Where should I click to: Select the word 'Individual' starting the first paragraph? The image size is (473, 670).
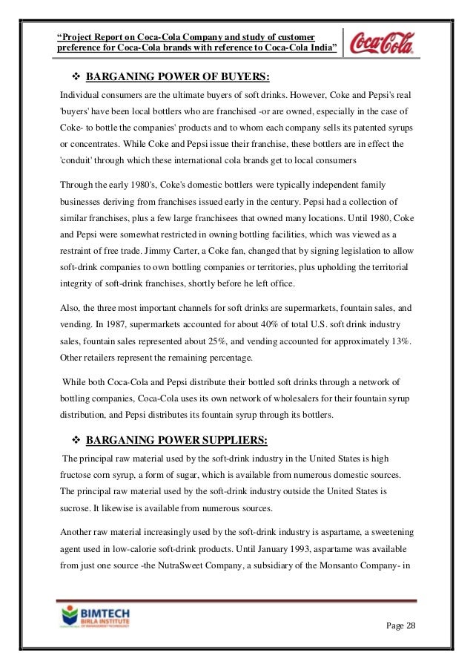pos(80,96)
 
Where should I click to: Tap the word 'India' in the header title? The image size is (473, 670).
pos(321,48)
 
